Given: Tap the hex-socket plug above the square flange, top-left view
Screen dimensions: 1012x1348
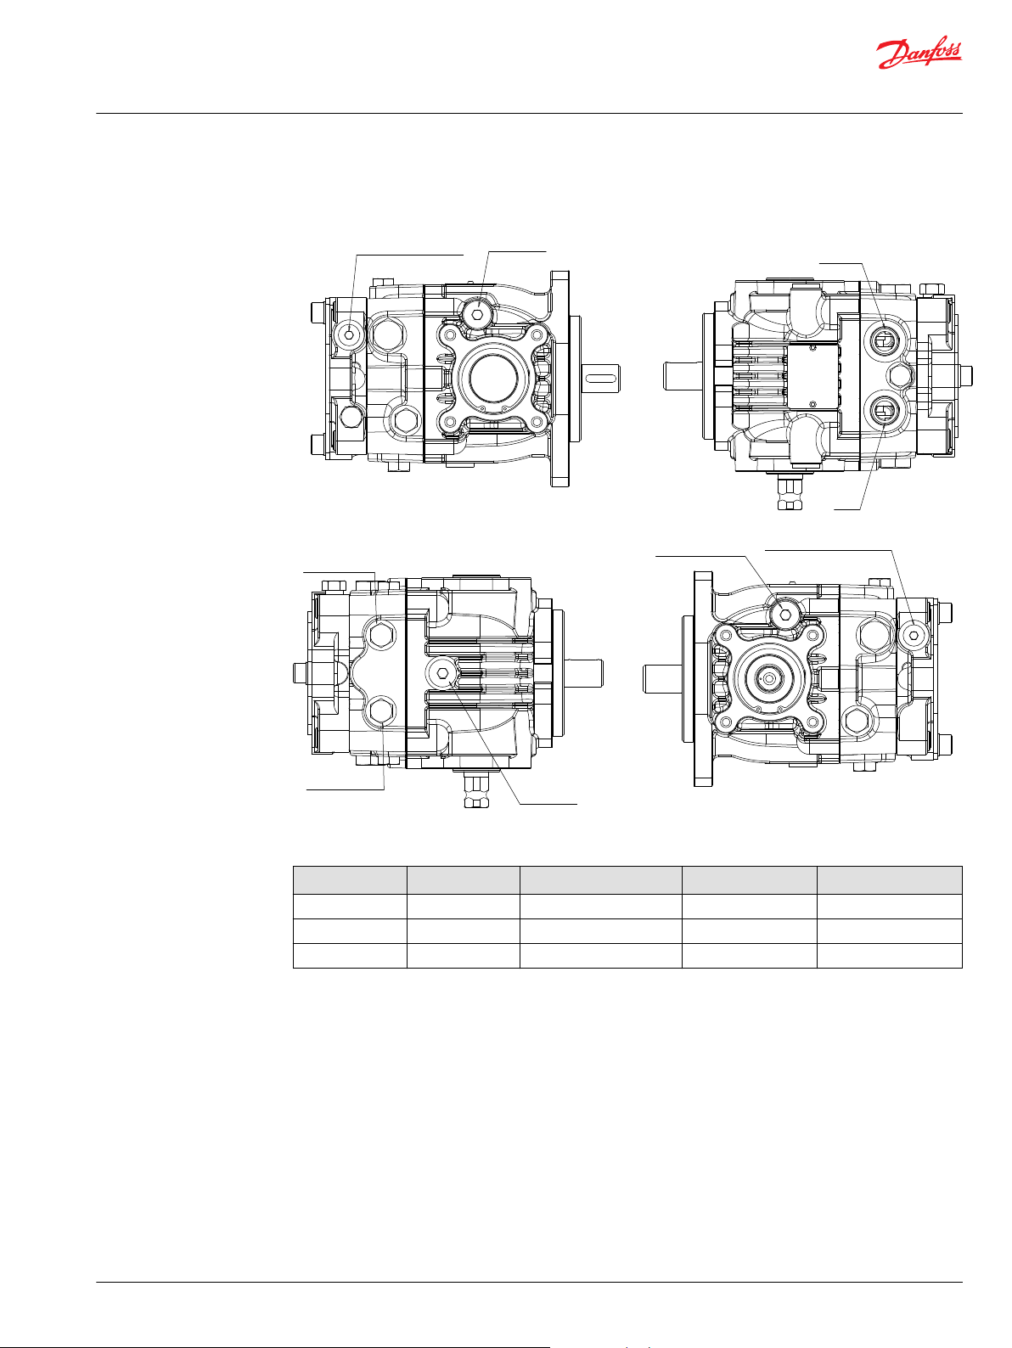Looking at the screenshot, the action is pos(479,314).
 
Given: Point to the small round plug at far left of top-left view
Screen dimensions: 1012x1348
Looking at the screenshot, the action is pos(350,334).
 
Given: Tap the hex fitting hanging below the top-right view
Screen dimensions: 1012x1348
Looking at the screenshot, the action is pos(790,491).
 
